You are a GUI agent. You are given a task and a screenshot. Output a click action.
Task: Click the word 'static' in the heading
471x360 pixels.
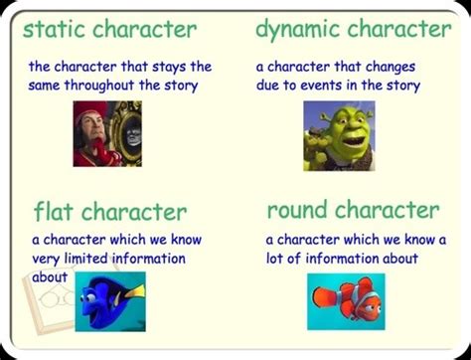pos(55,29)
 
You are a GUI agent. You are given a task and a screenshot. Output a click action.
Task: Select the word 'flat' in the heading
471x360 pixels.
pos(54,211)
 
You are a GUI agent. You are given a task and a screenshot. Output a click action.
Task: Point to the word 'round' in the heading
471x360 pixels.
pos(297,210)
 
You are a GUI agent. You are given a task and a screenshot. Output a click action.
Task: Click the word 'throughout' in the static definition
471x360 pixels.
pos(99,86)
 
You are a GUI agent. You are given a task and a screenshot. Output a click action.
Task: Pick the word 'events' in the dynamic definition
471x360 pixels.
pos(321,86)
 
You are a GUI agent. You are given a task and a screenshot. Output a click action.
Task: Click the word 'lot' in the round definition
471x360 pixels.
pos(274,259)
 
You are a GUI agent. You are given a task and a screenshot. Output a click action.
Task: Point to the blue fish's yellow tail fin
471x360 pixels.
pos(135,292)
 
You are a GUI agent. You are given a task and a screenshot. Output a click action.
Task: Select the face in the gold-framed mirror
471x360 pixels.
pos(133,135)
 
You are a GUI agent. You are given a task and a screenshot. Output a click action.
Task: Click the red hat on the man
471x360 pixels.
pos(88,109)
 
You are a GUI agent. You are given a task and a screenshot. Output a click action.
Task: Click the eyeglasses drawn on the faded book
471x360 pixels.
pos(57,298)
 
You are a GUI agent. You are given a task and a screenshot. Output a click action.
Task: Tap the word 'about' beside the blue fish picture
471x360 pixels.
pos(50,276)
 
